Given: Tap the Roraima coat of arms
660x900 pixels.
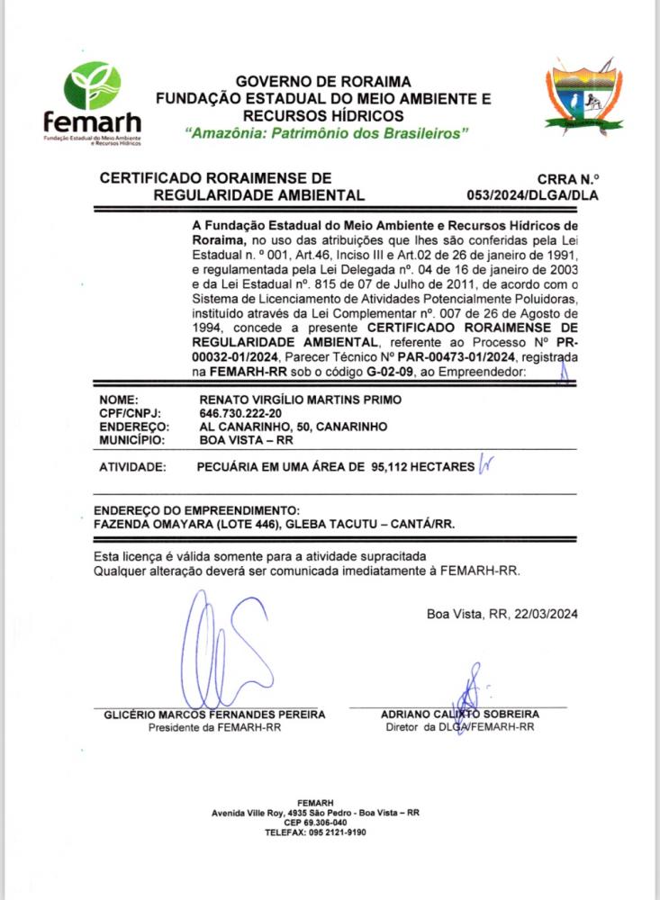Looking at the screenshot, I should click(583, 96).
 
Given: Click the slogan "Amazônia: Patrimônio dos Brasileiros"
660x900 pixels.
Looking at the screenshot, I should click(327, 133).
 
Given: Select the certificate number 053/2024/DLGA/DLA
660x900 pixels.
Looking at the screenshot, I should click(533, 194).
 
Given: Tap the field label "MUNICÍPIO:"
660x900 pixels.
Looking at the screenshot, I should click(131, 441).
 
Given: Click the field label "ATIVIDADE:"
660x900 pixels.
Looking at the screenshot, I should click(132, 468).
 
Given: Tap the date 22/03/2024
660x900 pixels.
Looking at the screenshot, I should click(545, 614).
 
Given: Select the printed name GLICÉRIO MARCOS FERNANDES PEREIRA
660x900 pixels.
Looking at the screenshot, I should click(213, 715).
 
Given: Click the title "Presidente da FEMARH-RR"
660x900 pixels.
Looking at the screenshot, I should click(214, 727).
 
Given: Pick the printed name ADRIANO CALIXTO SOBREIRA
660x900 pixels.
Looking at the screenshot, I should click(459, 714).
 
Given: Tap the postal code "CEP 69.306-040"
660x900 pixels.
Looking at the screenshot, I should click(315, 823).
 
